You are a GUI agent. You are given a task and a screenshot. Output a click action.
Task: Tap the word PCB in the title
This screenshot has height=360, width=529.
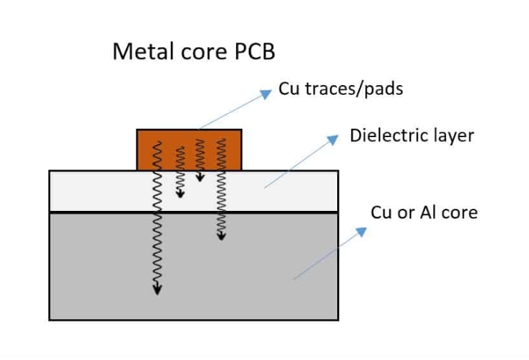coord(259,52)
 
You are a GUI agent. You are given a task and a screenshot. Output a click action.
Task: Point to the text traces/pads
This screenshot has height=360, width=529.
coord(353,90)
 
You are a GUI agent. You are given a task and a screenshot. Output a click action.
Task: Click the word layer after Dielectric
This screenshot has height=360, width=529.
coord(453,136)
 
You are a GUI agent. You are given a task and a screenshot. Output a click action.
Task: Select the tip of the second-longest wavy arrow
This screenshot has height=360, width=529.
coord(222,236)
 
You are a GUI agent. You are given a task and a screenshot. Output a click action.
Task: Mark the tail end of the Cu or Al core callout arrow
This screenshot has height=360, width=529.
coord(294,279)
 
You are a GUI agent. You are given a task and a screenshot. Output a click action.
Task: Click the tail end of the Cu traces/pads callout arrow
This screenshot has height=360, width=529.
coord(200,129)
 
